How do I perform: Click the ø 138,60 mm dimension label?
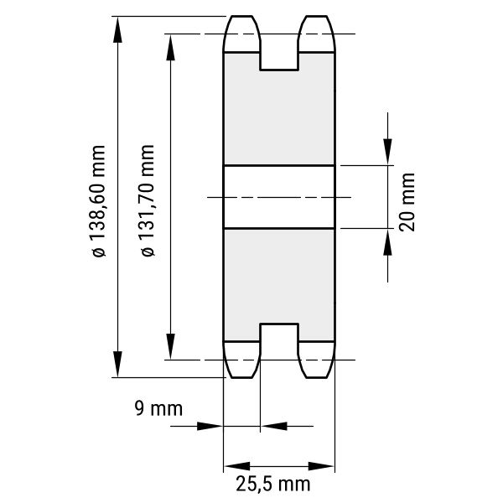pos(98,201)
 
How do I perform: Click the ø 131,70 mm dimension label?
pos(148,201)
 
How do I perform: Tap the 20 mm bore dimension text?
pos(407,202)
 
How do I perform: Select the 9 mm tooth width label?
pos(158,408)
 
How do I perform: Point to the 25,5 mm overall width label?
pos(273,484)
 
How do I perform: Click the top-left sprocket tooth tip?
pos(242,16)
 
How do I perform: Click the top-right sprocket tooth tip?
pos(317,16)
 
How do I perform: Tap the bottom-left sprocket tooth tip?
pos(242,377)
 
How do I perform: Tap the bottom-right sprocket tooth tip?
pos(317,377)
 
